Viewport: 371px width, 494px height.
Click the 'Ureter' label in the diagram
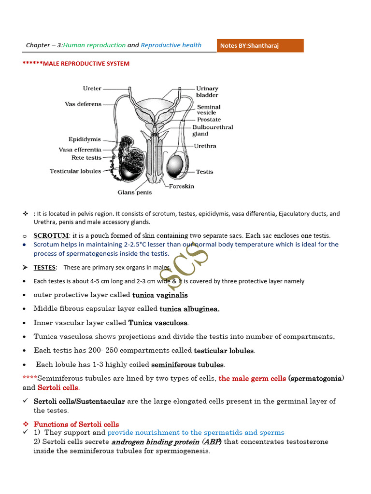point(92,88)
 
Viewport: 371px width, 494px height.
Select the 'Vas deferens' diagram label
point(83,104)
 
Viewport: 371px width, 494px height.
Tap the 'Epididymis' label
point(85,139)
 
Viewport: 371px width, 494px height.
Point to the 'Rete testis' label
point(87,157)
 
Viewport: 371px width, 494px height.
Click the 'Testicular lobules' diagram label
point(75,171)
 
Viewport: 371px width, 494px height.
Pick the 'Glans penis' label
point(134,192)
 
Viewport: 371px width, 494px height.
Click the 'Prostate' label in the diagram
point(209,119)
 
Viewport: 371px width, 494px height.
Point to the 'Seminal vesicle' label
point(208,110)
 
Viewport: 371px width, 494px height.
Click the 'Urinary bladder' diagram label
point(207,92)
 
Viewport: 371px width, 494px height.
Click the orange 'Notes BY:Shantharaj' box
point(260,46)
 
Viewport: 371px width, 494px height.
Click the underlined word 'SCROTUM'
point(51,235)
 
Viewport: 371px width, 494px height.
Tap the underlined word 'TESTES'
point(45,267)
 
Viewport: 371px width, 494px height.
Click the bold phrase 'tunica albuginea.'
point(189,309)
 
